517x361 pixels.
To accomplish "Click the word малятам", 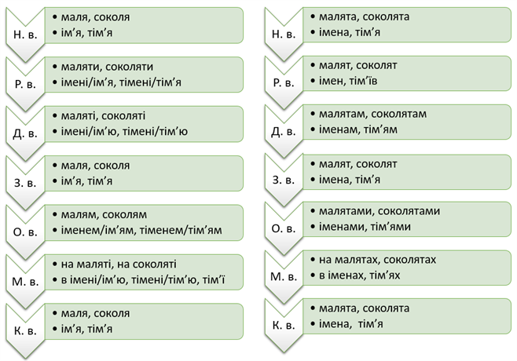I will [x=341, y=113].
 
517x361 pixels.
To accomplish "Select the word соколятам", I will [x=398, y=113].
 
